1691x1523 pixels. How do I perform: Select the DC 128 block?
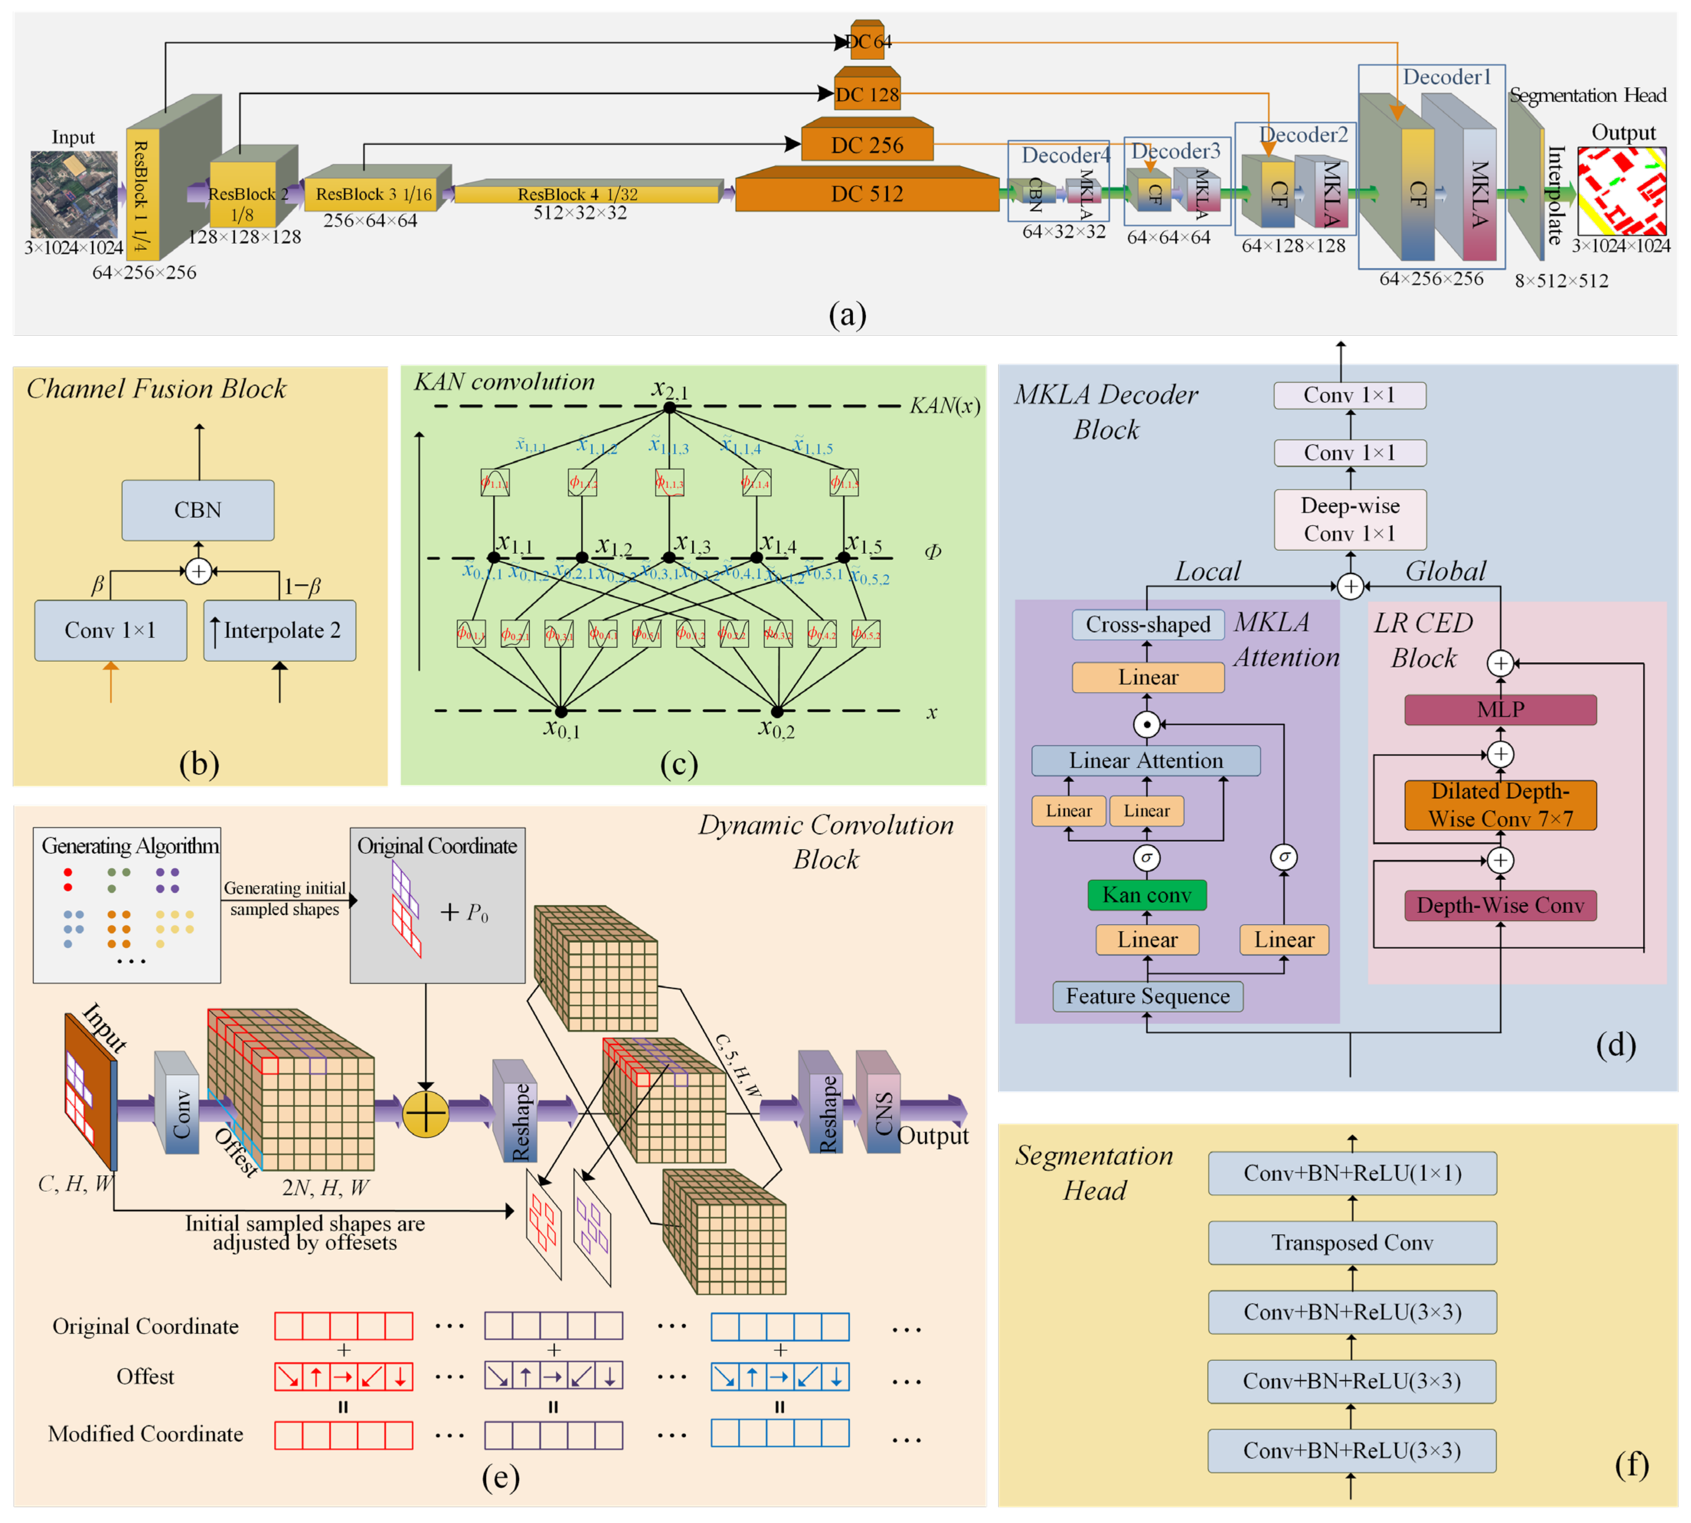867,94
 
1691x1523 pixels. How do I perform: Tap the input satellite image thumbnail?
74,194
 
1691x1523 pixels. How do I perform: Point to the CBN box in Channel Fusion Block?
198,510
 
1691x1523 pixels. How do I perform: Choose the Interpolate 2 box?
280,630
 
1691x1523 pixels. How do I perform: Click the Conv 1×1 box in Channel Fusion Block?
110,630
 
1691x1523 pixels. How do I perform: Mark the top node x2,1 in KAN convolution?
669,407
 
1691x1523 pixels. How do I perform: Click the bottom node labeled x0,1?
561,711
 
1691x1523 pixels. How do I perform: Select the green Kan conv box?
1146,895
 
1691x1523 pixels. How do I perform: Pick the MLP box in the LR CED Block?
1500,710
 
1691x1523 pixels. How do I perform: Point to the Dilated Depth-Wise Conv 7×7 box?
1500,804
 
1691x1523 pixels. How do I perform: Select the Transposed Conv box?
1351,1242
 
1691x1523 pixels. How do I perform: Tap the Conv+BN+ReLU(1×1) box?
1351,1172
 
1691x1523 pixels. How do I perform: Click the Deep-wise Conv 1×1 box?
1349,519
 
